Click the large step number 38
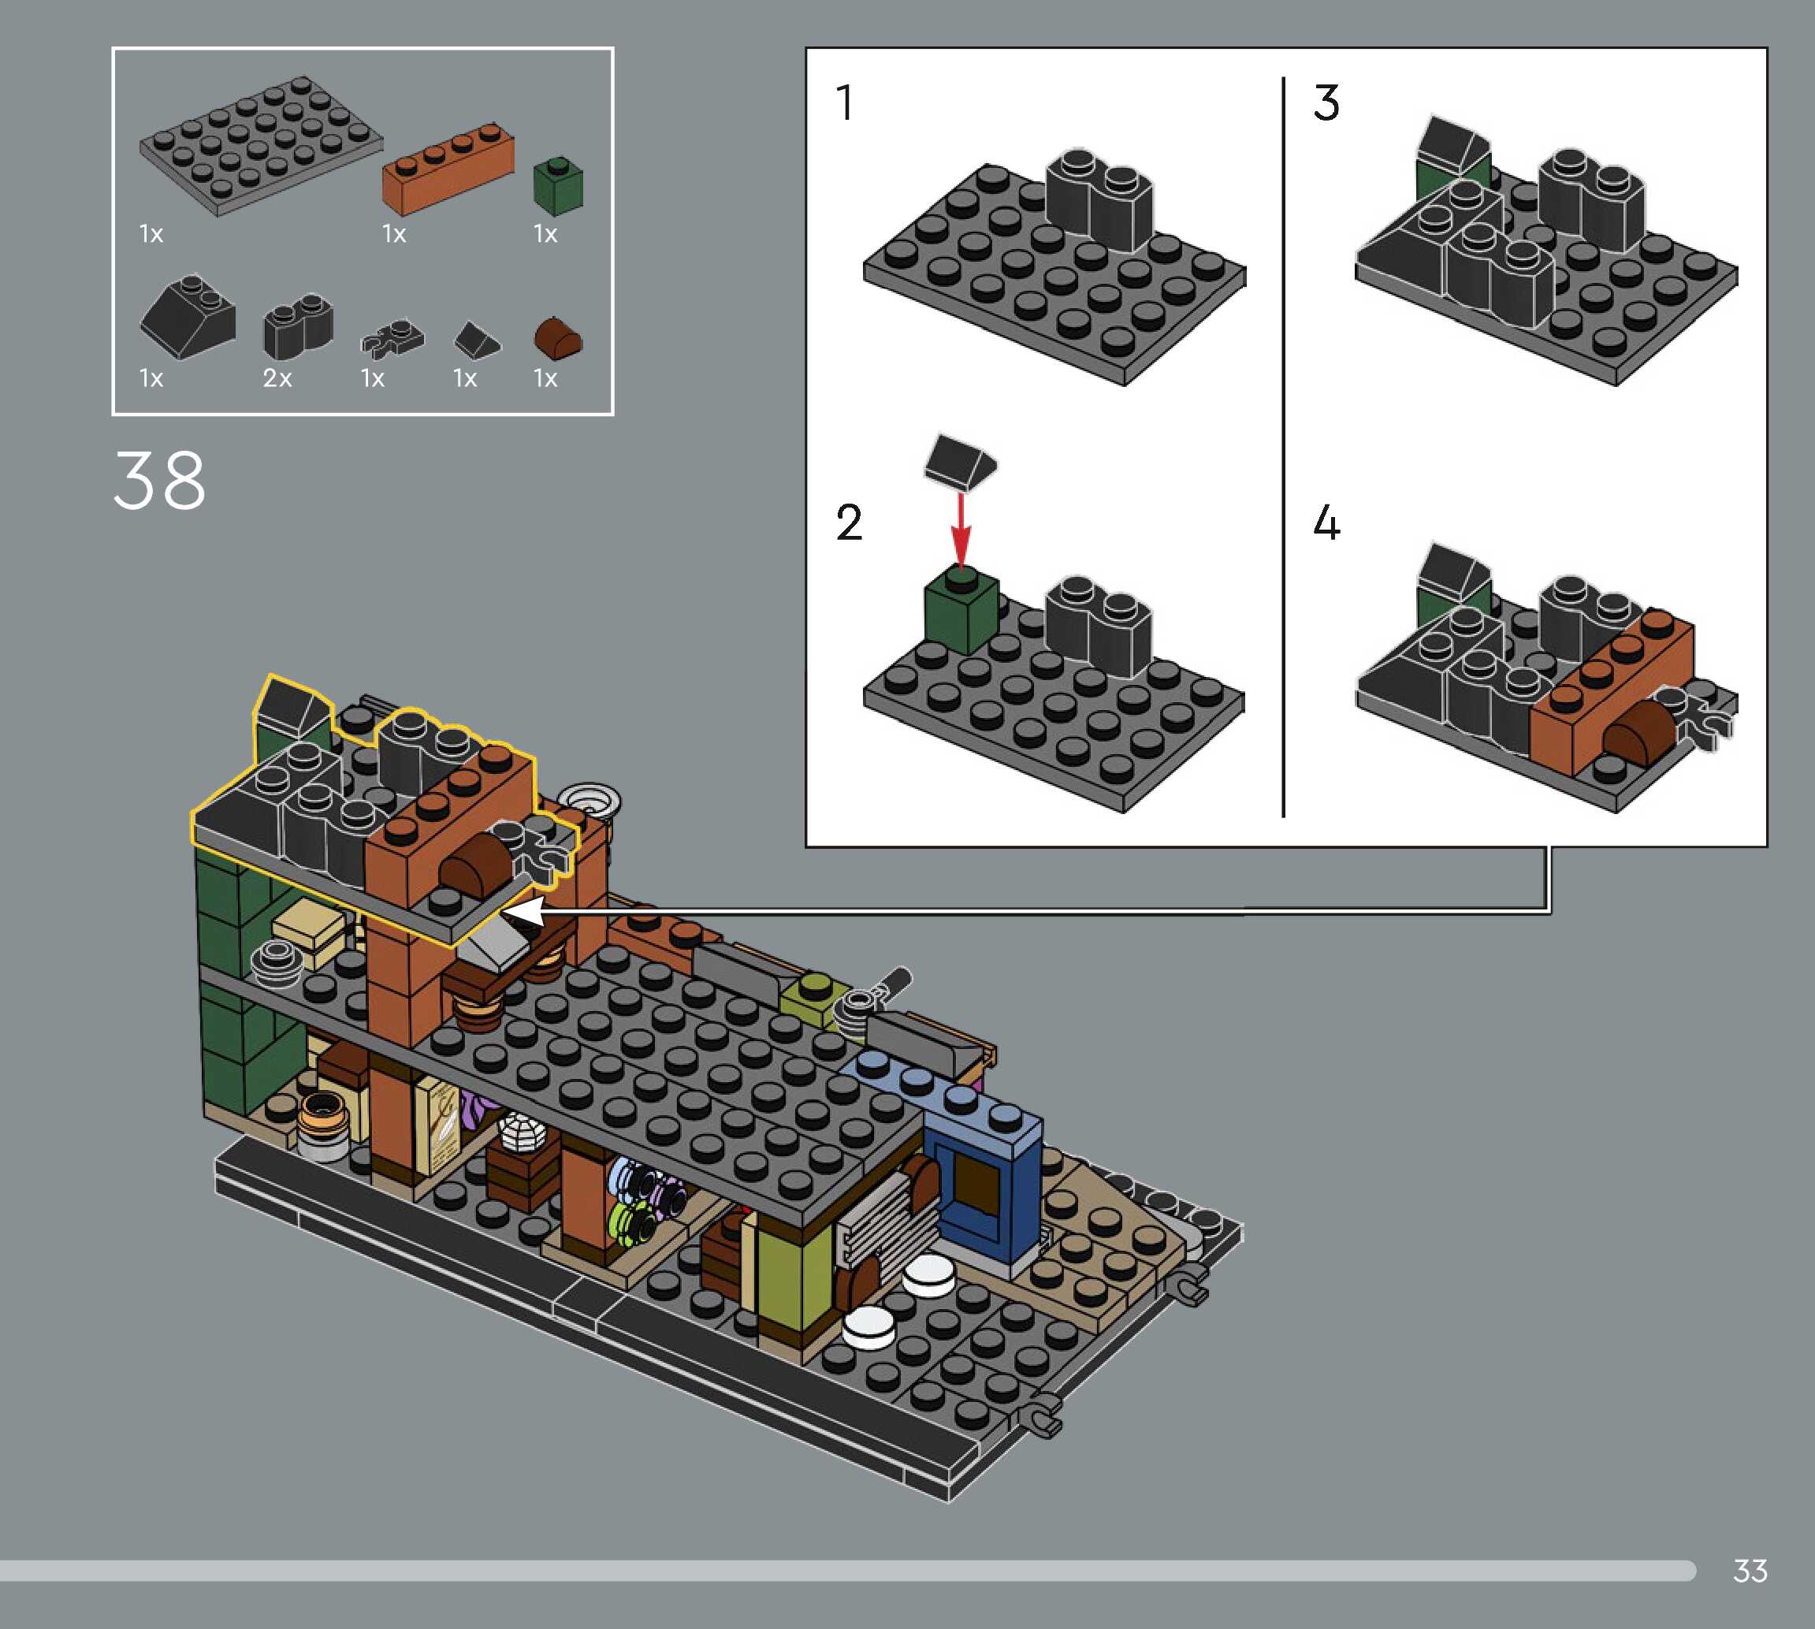[159, 481]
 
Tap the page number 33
[1750, 1571]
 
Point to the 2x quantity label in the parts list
[277, 378]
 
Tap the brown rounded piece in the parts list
[557, 337]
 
